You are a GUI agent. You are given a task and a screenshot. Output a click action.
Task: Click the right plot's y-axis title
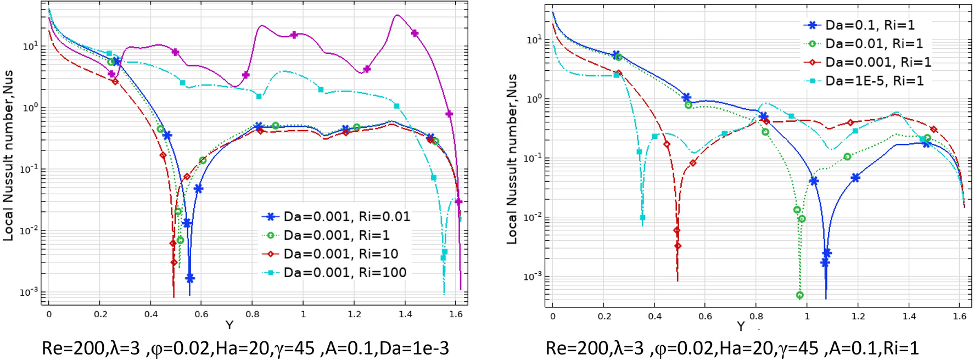pyautogui.click(x=512, y=159)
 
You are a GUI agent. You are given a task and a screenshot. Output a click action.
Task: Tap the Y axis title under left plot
pyautogui.click(x=229, y=325)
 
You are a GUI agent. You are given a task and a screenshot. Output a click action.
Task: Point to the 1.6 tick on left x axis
pyautogui.click(x=456, y=314)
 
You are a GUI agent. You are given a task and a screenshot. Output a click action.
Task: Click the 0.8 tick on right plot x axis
pyautogui.click(x=756, y=316)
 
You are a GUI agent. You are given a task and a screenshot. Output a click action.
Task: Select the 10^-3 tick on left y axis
pyautogui.click(x=30, y=292)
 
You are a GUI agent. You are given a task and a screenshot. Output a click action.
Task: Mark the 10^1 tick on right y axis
pyautogui.click(x=534, y=40)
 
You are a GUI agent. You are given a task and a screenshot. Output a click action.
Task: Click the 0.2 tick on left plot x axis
pyautogui.click(x=100, y=314)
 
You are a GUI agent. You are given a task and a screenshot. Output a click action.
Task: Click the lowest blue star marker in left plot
pyautogui.click(x=190, y=279)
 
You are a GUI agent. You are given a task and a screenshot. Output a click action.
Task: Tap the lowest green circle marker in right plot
pyautogui.click(x=800, y=295)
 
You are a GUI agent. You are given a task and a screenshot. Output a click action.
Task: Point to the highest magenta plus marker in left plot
pyautogui.click(x=415, y=33)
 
